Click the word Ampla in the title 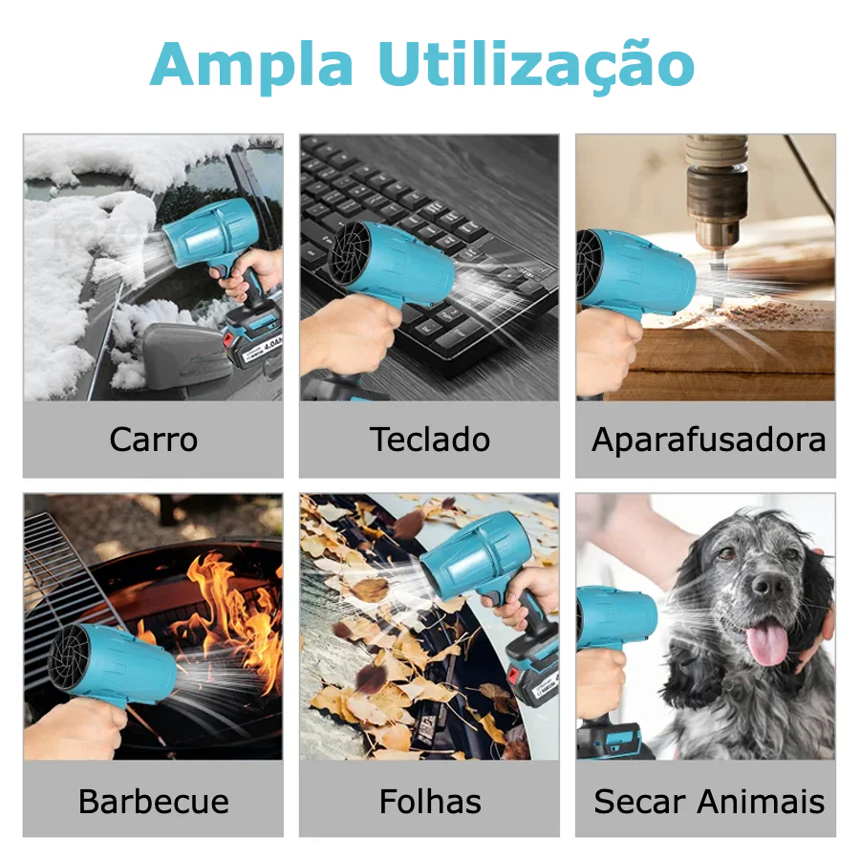251,65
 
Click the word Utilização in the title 537,65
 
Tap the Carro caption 154,440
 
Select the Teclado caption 429,440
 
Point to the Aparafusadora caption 708,440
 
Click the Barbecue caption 154,802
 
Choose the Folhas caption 430,802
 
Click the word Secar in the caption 640,802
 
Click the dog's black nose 768,587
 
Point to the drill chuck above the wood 717,193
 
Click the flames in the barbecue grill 230,614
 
